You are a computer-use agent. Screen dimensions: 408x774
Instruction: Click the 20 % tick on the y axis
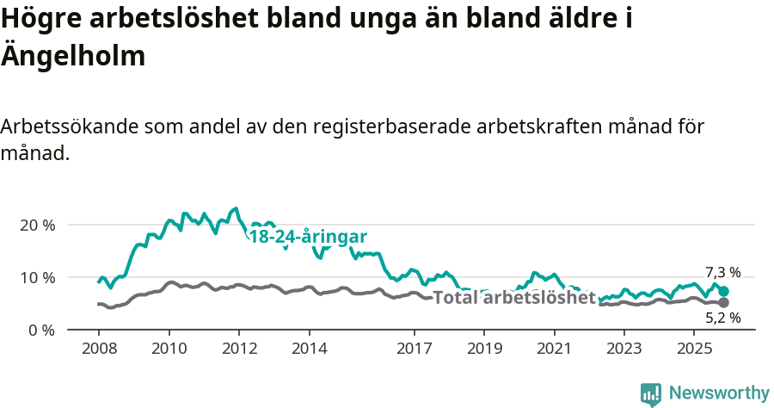(37, 225)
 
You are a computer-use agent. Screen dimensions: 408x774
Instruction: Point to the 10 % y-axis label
(37, 277)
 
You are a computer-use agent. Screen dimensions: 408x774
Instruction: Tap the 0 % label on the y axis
(41, 330)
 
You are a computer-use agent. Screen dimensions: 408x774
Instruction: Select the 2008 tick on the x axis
(98, 349)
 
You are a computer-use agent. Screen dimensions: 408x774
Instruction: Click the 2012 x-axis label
(238, 349)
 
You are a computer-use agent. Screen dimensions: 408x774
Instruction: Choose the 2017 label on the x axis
(414, 349)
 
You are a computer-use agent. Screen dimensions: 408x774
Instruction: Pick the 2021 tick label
(554, 349)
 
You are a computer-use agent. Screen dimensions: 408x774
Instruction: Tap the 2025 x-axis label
(694, 349)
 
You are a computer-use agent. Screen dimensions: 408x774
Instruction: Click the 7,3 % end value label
(722, 272)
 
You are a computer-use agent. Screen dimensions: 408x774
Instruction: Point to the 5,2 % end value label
(722, 318)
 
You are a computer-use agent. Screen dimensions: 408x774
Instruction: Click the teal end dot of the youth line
(724, 292)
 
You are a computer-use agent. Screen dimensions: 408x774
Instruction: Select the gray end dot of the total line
(724, 303)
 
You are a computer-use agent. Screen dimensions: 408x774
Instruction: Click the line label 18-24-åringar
(308, 237)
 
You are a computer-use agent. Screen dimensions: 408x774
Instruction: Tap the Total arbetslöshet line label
(514, 298)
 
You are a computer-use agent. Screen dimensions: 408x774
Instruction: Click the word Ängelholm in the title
(72, 56)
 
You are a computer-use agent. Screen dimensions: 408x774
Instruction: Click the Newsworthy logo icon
(651, 393)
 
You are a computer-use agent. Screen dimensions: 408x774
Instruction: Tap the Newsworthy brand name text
(718, 393)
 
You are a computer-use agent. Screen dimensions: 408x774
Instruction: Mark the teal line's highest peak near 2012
(236, 208)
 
